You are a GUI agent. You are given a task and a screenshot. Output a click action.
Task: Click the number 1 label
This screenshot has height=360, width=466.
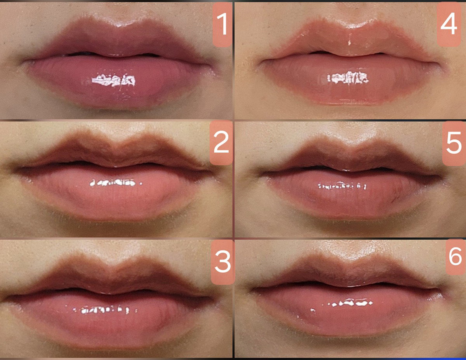pyautogui.click(x=222, y=24)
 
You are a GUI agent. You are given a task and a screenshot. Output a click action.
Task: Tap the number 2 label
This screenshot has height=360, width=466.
pyautogui.click(x=221, y=143)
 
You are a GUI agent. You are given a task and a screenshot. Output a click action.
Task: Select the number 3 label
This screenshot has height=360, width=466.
pyautogui.click(x=223, y=262)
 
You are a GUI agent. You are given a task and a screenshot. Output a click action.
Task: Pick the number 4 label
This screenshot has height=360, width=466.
pyautogui.click(x=449, y=24)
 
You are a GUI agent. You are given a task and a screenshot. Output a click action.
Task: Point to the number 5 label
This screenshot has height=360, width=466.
pyautogui.click(x=454, y=143)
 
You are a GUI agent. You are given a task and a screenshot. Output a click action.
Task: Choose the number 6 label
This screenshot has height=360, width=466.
pyautogui.click(x=456, y=256)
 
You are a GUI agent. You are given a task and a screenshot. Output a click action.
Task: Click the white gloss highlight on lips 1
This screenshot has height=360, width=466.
pyautogui.click(x=114, y=80)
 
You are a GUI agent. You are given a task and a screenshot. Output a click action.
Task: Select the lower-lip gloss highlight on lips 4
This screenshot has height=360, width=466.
pyautogui.click(x=348, y=78)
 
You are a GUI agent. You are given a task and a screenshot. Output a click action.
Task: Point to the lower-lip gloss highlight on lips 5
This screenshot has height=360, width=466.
pyautogui.click(x=342, y=186)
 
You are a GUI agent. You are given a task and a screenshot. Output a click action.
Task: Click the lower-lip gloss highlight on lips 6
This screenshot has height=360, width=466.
pyautogui.click(x=350, y=303)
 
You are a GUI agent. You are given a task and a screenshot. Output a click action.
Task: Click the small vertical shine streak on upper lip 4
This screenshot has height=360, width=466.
pyautogui.click(x=349, y=42)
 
